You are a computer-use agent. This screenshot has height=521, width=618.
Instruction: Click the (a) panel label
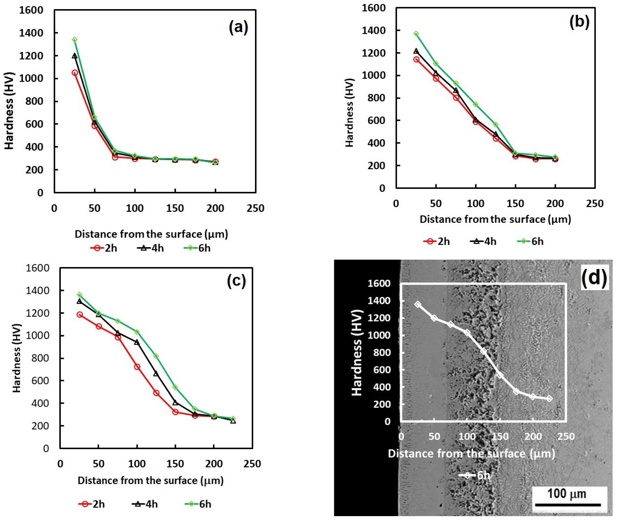coord(238,28)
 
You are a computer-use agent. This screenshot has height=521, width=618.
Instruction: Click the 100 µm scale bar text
coord(567,493)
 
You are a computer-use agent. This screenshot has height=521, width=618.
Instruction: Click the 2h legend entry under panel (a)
coord(104,248)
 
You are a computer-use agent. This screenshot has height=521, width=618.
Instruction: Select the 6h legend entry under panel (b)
coord(530,241)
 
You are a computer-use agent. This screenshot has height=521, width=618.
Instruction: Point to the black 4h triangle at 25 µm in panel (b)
coord(416,51)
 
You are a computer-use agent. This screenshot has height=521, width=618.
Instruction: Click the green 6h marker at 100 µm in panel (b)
coord(475,104)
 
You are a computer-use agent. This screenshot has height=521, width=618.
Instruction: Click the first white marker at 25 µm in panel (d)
coord(417,304)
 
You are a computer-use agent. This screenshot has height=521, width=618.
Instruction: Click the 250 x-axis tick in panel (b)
coord(595,203)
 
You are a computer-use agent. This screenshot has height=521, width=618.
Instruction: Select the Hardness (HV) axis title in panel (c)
coord(17,358)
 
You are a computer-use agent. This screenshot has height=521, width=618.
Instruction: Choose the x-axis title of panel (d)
coord(471,453)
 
